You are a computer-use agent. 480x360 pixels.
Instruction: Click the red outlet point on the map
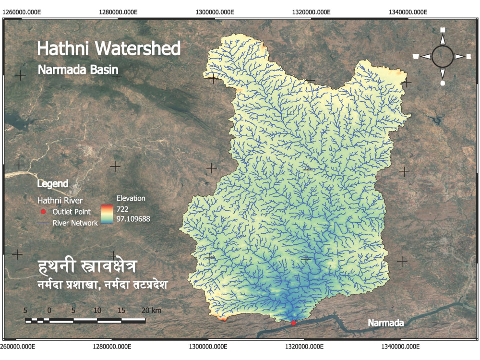click(x=294, y=323)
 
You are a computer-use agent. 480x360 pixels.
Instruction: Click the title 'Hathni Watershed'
click(x=109, y=49)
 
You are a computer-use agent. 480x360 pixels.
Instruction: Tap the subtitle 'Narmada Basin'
click(x=78, y=70)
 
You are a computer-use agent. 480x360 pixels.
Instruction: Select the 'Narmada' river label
click(x=385, y=323)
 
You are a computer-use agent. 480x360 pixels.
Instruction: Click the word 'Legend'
click(x=53, y=184)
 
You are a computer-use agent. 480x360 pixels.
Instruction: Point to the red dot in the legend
click(x=43, y=212)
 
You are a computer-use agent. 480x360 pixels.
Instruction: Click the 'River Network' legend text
click(x=75, y=223)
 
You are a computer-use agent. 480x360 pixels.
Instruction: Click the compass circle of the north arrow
click(x=443, y=56)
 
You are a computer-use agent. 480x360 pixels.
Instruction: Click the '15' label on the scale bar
click(x=121, y=310)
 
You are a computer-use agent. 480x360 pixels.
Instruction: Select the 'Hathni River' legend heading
click(x=60, y=200)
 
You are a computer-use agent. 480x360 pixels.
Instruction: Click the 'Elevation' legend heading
click(x=131, y=198)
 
